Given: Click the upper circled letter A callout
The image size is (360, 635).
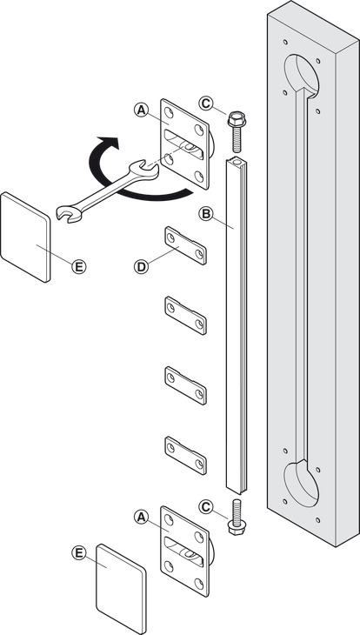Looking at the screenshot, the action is click(141, 110).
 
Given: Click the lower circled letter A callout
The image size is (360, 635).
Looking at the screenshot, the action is click(141, 517).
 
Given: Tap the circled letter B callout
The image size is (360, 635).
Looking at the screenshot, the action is click(206, 214).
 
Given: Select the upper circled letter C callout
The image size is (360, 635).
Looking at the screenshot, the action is click(206, 104).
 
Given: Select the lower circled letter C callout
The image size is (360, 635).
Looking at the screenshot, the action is click(207, 506).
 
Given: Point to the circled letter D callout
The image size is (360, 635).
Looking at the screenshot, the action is click(141, 266).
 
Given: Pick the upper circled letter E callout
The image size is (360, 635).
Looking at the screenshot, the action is click(78, 266).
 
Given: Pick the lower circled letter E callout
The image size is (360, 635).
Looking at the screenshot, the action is click(79, 552).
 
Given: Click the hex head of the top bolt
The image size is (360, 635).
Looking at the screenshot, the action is click(237, 118).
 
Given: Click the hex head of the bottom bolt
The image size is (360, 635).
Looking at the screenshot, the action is click(237, 527).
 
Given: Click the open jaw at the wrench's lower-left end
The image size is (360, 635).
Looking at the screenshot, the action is click(67, 213).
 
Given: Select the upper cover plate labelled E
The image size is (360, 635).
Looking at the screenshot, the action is click(25, 237).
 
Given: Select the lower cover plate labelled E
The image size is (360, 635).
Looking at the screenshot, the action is click(121, 589).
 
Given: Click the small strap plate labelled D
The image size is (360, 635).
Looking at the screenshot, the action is click(185, 246).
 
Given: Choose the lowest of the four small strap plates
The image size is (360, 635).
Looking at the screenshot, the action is click(185, 456).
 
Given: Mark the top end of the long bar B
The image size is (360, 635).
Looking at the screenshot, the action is click(236, 163).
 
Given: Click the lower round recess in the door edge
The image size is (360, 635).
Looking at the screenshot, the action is click(302, 484).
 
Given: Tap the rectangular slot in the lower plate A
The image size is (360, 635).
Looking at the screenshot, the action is click(183, 551).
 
